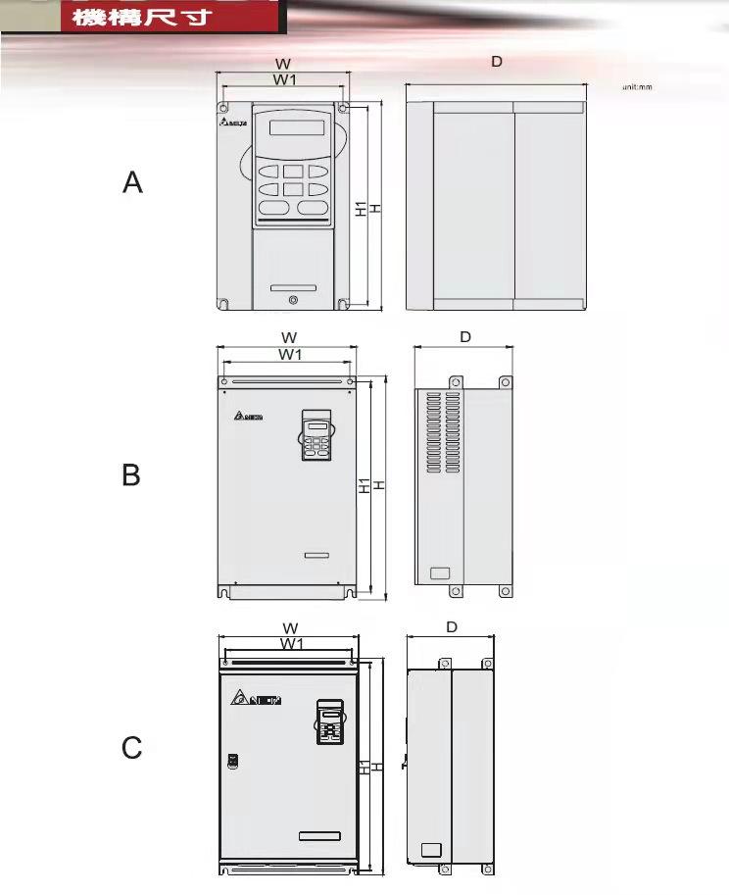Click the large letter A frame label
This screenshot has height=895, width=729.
tap(133, 182)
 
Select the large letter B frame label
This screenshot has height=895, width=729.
tap(131, 475)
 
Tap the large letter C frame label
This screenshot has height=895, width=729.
tap(132, 749)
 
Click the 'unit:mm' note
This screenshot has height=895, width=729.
tap(637, 87)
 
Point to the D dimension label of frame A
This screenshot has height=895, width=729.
tap(497, 62)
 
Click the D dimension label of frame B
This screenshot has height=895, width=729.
tap(465, 337)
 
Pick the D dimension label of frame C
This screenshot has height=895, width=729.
tap(452, 627)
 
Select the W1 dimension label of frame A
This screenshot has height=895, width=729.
tap(284, 79)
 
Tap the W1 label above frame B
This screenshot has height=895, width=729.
tap(290, 354)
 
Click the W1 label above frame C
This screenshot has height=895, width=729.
tap(291, 644)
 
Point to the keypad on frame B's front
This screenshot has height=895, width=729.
tap(316, 435)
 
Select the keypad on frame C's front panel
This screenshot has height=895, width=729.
tap(329, 722)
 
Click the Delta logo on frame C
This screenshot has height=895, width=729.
tap(257, 700)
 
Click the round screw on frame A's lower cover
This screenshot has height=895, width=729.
tap(292, 300)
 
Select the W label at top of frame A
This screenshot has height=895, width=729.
tap(283, 64)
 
